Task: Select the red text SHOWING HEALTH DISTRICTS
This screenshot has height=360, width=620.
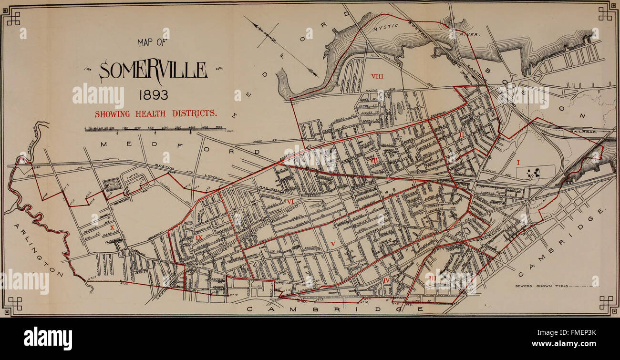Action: [156, 113]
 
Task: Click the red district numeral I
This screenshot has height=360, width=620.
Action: [518, 163]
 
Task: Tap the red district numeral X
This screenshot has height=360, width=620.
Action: [112, 228]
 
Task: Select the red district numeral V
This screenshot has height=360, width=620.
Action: [333, 244]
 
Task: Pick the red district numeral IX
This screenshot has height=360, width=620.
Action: [199, 237]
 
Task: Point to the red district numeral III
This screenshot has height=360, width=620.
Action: [432, 277]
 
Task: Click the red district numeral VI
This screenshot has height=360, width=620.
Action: [290, 202]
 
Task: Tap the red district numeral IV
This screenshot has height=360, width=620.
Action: [386, 280]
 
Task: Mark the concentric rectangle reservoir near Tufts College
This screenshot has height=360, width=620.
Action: [112, 184]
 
